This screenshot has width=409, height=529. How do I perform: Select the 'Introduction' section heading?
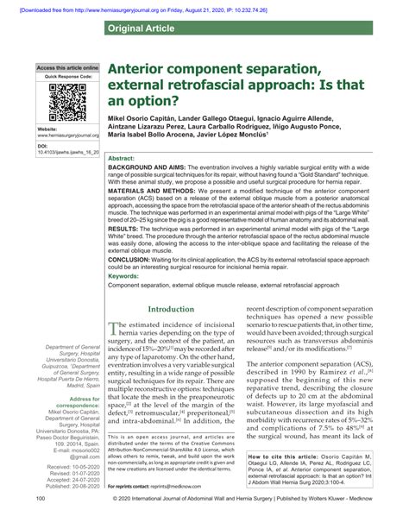pyautogui.click(x=172, y=309)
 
